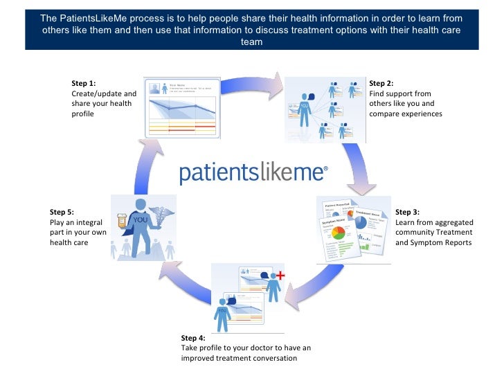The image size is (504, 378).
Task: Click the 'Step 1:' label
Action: (84, 83)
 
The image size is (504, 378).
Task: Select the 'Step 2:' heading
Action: (381, 83)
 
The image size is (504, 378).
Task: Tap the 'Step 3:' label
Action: (407, 213)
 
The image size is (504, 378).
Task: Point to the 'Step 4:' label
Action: (193, 338)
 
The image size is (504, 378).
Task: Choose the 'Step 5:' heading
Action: (62, 213)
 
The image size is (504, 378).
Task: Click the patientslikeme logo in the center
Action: (253, 172)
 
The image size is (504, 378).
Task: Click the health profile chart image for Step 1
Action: (181, 107)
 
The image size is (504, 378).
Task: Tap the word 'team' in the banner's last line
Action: (251, 42)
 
